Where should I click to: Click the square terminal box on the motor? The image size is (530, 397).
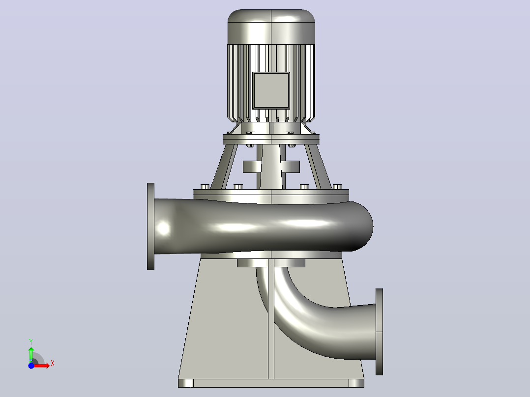tap(271, 90)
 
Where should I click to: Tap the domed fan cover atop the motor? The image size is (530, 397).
tap(271, 27)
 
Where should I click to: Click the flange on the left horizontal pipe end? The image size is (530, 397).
tap(151, 227)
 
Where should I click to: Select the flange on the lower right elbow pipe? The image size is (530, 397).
tap(379, 332)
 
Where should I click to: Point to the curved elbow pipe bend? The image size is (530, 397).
tap(304, 324)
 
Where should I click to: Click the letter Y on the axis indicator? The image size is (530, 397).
tap(31, 342)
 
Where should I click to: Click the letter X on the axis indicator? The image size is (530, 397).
tap(53, 364)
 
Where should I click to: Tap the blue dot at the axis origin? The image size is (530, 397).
tap(31, 366)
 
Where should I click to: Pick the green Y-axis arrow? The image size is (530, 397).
tap(31, 354)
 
